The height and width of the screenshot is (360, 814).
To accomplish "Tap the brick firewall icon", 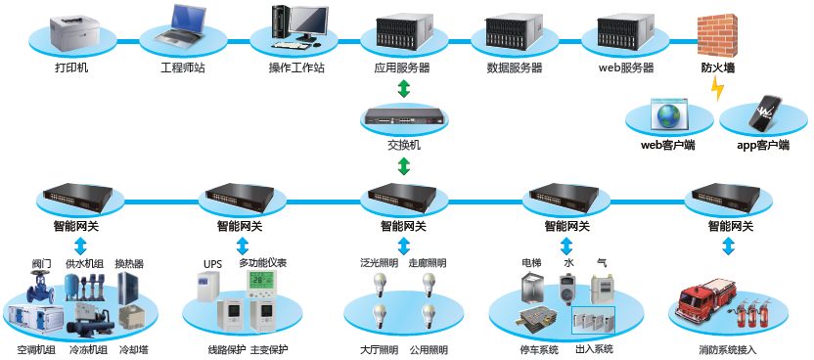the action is (716, 36).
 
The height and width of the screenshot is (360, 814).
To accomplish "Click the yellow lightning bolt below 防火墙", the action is (717, 89).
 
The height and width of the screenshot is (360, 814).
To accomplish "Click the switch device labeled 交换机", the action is (404, 117).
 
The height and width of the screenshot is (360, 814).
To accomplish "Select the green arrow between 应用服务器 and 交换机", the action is (404, 88).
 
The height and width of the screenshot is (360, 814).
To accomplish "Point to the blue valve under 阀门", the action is (41, 287).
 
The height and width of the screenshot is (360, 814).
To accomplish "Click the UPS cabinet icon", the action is (208, 288).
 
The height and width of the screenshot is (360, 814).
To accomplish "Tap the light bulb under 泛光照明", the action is (380, 286).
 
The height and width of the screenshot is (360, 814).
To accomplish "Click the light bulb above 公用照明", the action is (429, 316).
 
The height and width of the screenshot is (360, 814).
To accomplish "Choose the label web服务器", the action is (626, 67).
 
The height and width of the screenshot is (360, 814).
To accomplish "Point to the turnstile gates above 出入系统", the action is (593, 320).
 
